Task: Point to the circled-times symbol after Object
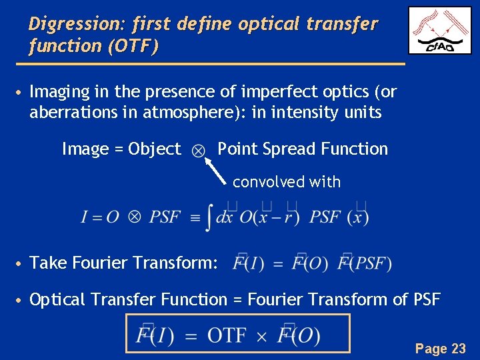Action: pos(199,151)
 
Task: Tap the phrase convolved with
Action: pos(287,182)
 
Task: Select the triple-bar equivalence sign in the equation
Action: pos(195,217)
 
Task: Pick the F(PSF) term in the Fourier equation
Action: pos(366,263)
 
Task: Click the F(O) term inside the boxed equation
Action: pos(298,335)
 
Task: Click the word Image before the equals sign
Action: pos(87,149)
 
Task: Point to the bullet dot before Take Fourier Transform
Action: pos(21,263)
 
